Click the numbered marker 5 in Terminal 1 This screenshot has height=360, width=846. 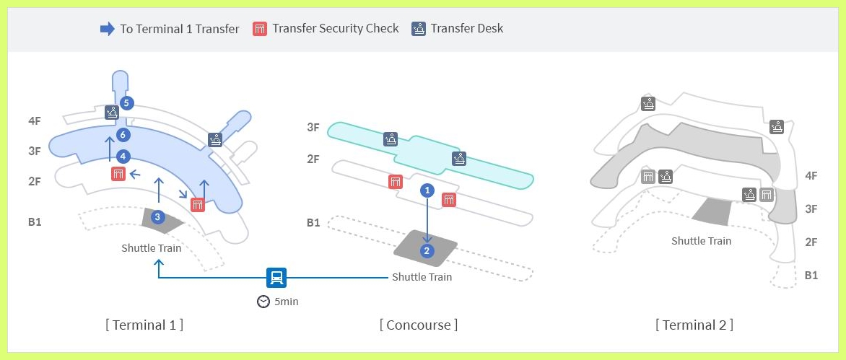[x=126, y=103]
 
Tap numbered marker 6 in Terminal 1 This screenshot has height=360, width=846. [x=123, y=134]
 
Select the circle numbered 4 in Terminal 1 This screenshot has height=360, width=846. [x=123, y=156]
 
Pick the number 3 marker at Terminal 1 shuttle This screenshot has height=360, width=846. [x=158, y=216]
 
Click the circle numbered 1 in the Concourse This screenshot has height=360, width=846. [x=427, y=190]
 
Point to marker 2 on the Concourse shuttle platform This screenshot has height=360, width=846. [x=427, y=250]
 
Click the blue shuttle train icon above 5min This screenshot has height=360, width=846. [x=276, y=277]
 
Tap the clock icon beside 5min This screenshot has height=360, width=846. [x=263, y=302]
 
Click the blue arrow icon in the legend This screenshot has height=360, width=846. [x=107, y=29]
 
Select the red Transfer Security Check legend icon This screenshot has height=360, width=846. [x=260, y=29]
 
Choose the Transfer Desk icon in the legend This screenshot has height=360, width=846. [x=419, y=29]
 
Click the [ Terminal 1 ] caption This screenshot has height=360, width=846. [x=144, y=325]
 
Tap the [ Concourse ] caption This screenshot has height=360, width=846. [x=419, y=325]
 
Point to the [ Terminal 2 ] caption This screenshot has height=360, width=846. [x=694, y=325]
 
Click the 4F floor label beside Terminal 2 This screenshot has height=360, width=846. [x=811, y=175]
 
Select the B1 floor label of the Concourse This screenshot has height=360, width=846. [x=313, y=223]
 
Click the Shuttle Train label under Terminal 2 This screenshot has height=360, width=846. [x=701, y=241]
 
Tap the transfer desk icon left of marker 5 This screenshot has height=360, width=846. [x=112, y=112]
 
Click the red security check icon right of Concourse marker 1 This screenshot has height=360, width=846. [x=449, y=199]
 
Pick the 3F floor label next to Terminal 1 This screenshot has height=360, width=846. [x=35, y=151]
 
